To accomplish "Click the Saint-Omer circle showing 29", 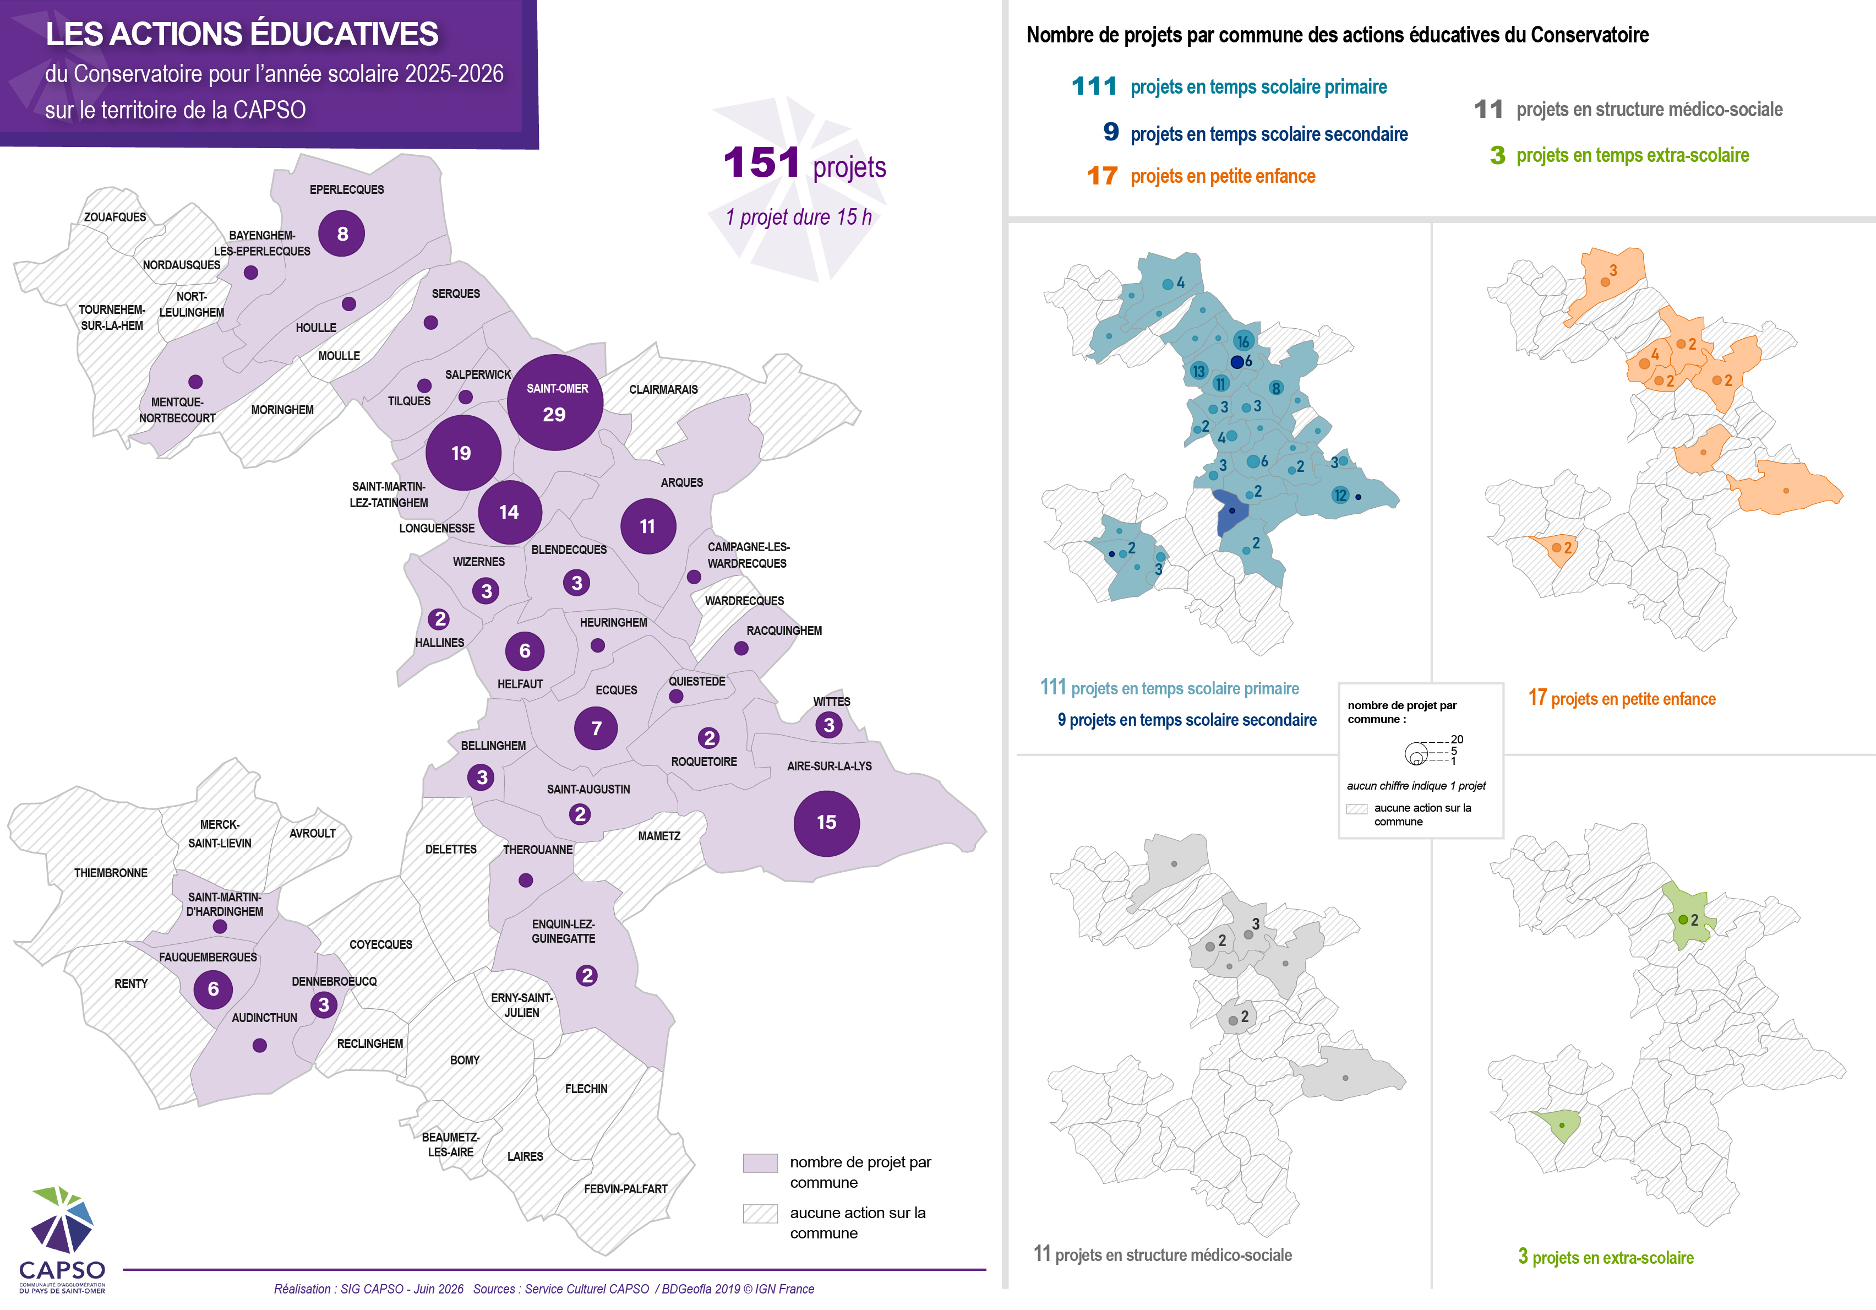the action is point(555,402).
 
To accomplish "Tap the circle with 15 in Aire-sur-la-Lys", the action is point(826,823).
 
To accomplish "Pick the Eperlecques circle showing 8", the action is point(341,233).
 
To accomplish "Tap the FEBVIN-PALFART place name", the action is point(626,1189).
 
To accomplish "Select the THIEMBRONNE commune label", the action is point(111,873).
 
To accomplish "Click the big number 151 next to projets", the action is point(761,162).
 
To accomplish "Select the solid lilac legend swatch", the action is point(760,1163).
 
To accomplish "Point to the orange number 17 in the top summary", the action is point(1102,176).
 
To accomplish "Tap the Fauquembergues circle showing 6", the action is point(213,990).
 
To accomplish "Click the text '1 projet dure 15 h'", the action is point(798,218).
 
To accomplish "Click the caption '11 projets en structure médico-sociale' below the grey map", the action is point(1163,1254).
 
